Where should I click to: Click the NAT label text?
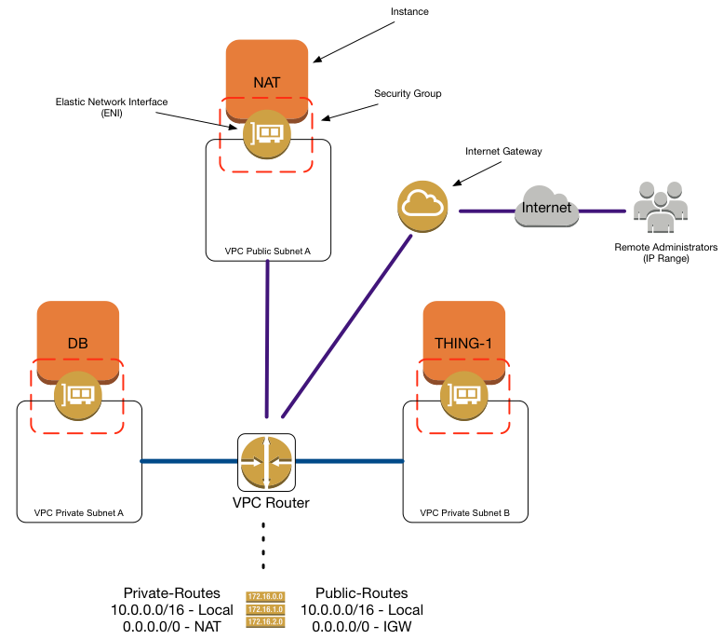tap(266, 83)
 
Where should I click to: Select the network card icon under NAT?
tap(266, 135)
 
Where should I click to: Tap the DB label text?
tap(78, 344)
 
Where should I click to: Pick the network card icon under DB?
tap(78, 396)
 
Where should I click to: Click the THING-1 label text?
tap(463, 344)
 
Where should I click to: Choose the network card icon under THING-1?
tap(464, 396)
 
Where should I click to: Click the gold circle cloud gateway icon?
tap(422, 206)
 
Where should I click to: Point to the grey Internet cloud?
tap(547, 208)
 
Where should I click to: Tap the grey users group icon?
tap(660, 207)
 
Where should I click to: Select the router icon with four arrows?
tap(266, 462)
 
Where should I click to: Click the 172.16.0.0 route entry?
tap(265, 596)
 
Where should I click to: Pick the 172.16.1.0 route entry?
tap(265, 609)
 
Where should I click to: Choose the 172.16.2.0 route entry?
tap(265, 621)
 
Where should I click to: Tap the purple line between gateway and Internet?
tap(487, 211)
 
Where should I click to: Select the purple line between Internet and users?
tap(603, 211)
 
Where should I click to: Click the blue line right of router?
tap(349, 460)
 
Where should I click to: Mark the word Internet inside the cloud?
tap(547, 208)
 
